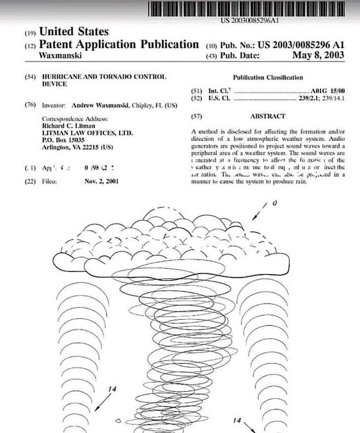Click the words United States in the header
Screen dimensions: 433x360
(74, 33)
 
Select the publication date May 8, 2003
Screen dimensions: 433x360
(319, 55)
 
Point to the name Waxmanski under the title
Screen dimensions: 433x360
(60, 56)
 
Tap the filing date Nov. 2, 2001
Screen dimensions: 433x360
(102, 181)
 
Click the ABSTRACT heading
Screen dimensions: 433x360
(268, 117)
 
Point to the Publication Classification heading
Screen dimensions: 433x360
(268, 78)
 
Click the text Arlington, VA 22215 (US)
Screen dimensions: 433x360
(77, 147)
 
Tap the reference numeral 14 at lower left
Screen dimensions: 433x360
(113, 390)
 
